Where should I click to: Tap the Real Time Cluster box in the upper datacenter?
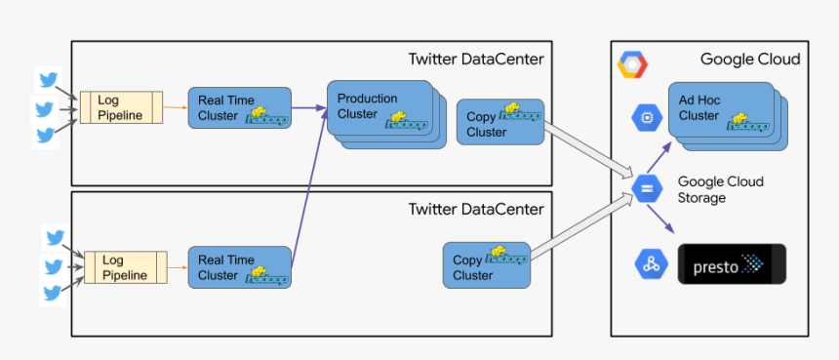(x=239, y=107)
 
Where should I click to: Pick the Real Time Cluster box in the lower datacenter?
(x=239, y=266)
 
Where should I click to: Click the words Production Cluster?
(x=367, y=105)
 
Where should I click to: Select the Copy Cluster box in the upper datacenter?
(x=499, y=122)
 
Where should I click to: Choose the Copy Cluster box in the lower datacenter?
(x=486, y=265)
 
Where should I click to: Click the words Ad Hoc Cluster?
(x=699, y=108)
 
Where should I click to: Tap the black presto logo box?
(x=732, y=263)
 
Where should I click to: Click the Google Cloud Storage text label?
(x=720, y=189)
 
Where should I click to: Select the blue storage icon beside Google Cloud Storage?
(x=646, y=188)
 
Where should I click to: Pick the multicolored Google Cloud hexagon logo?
(x=632, y=66)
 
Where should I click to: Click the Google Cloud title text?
(x=749, y=60)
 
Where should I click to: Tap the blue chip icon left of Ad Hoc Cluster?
(x=646, y=117)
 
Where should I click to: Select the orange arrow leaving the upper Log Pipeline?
(x=175, y=107)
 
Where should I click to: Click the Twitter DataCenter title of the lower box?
(x=475, y=209)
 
